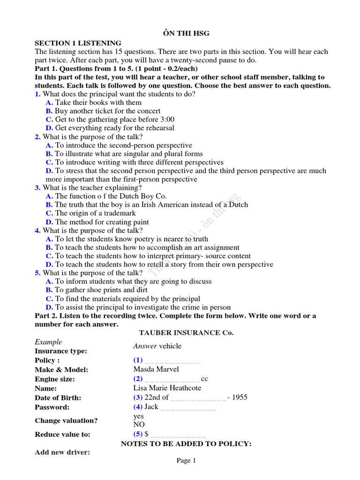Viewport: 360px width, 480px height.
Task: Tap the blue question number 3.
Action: [37, 188]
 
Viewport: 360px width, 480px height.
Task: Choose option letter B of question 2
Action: [49, 154]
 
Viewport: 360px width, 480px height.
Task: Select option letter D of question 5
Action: [49, 307]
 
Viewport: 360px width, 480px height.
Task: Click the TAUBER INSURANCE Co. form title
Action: [186, 333]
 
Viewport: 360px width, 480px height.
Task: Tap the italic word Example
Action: [48, 342]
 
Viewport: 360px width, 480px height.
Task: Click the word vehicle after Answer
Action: [170, 346]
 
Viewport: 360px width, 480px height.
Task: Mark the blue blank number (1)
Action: [137, 360]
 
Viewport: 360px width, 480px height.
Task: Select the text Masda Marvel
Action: [156, 369]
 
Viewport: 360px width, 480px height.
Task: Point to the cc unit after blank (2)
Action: [204, 379]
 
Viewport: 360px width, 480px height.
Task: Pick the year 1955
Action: [240, 397]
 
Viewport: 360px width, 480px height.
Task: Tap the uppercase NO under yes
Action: [139, 425]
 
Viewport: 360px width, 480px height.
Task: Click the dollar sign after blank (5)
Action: [147, 434]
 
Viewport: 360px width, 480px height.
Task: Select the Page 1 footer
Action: [186, 461]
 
